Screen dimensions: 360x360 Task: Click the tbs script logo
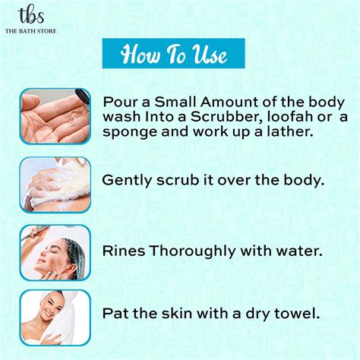[x=31, y=16]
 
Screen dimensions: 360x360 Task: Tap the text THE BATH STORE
[x=30, y=31]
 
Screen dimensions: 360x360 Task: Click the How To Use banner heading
[x=174, y=53]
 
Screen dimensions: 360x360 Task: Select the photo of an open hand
[x=55, y=116]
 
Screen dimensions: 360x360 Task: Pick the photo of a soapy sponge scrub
[x=55, y=185]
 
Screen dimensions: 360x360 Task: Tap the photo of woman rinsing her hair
[x=55, y=253]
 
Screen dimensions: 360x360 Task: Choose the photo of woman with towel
[x=55, y=317]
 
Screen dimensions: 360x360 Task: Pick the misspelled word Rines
[x=124, y=251]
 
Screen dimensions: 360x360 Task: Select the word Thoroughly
[x=192, y=251]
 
